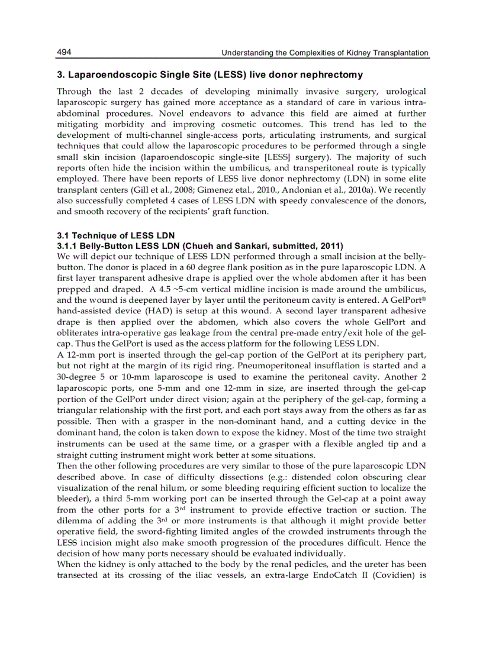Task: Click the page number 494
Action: click(x=64, y=53)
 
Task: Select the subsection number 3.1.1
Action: click(x=68, y=245)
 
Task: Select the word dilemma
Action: click(x=75, y=521)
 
